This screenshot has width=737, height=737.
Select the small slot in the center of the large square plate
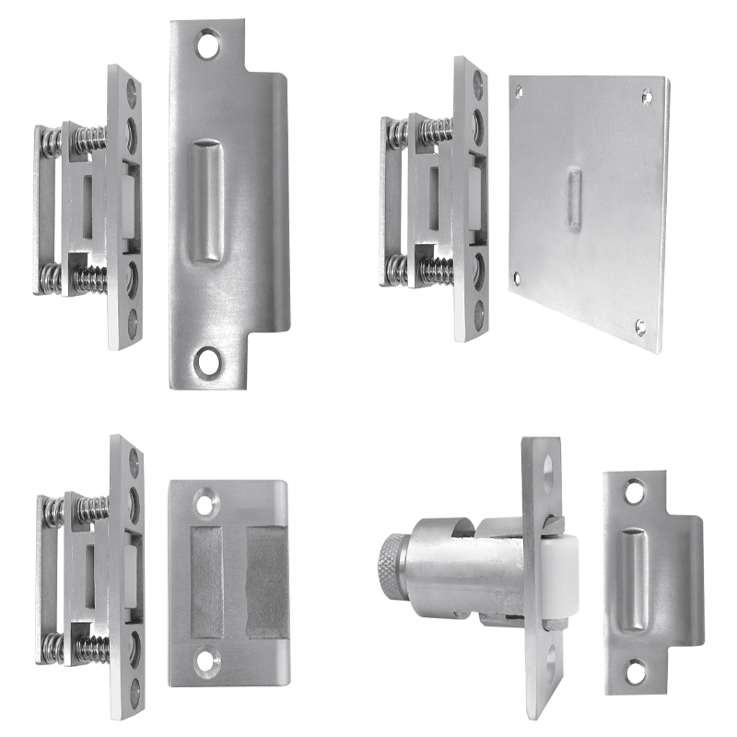coord(574,199)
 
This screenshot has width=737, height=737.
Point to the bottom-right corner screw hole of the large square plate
coord(640,326)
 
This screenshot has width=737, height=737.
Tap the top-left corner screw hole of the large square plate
coord(519,91)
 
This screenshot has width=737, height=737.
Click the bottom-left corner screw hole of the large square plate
coord(518,275)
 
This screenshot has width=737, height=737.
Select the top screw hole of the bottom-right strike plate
coord(634,495)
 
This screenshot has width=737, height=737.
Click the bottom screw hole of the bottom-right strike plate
coord(635,671)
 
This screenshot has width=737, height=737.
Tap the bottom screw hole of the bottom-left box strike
coord(204,659)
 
